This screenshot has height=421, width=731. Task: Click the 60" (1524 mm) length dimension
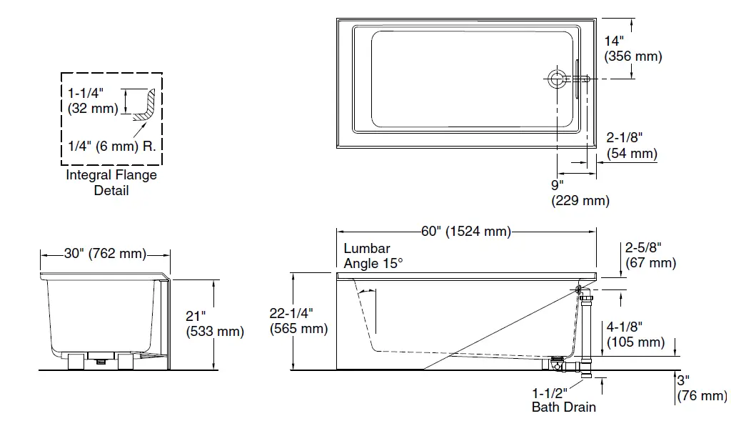(466, 232)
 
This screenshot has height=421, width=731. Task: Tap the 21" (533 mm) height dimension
(214, 323)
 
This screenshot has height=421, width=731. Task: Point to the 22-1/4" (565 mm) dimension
(298, 321)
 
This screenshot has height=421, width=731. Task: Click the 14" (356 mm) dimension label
(632, 49)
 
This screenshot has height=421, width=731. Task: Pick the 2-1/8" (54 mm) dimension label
(632, 145)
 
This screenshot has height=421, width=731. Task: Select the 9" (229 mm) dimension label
(580, 193)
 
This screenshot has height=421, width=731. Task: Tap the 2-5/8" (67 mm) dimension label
(650, 255)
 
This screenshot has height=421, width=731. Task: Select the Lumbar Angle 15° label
(373, 256)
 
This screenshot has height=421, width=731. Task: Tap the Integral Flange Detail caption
(111, 182)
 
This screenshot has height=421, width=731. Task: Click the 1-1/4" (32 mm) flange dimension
(93, 101)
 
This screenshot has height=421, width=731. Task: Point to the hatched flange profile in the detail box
(148, 106)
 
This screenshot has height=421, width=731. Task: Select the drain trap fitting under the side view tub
(564, 365)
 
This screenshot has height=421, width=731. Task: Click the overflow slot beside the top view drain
(575, 79)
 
